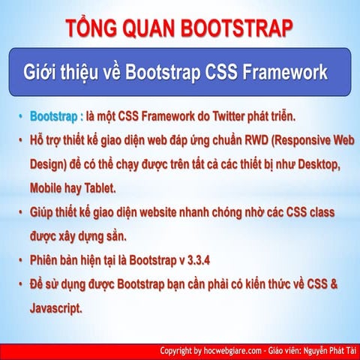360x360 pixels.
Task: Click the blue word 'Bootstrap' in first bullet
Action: [x=53, y=118]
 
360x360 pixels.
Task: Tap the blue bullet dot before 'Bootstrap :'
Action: [x=22, y=118]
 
